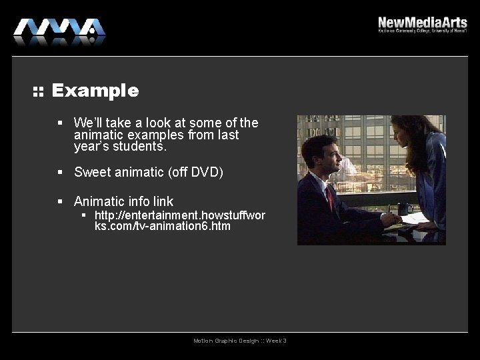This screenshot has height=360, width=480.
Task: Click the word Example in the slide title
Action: tap(95, 91)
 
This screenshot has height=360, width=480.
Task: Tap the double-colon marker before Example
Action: tap(38, 91)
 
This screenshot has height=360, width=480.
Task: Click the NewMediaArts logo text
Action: tap(422, 22)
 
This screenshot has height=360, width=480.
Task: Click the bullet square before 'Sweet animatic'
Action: tap(59, 172)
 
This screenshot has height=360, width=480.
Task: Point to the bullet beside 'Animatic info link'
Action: tap(59, 201)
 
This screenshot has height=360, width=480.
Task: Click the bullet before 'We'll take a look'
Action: tap(59, 123)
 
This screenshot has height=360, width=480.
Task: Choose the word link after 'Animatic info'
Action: tap(162, 201)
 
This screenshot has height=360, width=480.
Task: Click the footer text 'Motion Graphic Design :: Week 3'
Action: tap(240, 341)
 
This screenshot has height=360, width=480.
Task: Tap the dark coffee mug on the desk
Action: tap(404, 209)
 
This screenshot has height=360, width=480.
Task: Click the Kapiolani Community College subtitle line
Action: tap(422, 31)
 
